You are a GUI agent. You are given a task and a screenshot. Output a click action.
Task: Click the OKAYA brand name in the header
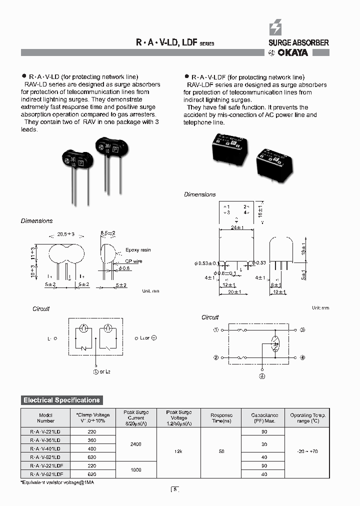[292, 52]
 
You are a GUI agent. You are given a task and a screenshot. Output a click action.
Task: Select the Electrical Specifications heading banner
[61, 400]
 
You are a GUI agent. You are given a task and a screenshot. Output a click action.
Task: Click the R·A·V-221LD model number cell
[46, 431]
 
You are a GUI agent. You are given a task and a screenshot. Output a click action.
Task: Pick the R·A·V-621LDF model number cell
[46, 473]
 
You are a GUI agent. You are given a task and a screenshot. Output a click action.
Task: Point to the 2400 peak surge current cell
[135, 443]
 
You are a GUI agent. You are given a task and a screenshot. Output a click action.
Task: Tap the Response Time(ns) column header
[221, 418]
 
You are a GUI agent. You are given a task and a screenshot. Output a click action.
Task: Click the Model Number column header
[46, 417]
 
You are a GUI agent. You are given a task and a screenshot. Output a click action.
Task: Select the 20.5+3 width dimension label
[65, 233]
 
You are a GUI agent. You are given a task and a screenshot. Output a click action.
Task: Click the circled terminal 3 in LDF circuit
[302, 330]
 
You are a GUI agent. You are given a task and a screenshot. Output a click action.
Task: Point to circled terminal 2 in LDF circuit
[216, 357]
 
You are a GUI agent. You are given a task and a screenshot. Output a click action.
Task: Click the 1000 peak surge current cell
[135, 469]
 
